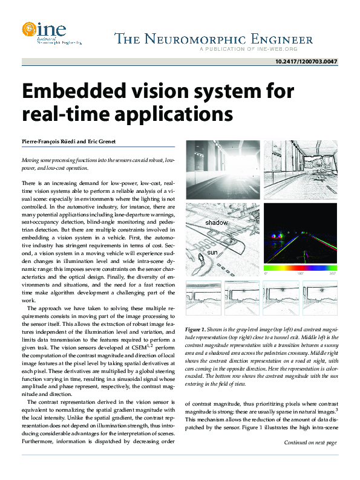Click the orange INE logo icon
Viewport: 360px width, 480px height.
[x=28, y=28]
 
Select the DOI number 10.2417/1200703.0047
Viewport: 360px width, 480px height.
[x=306, y=62]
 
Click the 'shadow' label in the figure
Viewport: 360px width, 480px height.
[x=217, y=223]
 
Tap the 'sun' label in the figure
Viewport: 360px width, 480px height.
[x=212, y=251]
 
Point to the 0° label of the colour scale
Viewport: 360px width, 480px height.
[x=266, y=273]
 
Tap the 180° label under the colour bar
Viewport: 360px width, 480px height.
[x=299, y=273]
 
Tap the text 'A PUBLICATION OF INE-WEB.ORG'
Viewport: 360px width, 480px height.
[x=257, y=49]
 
